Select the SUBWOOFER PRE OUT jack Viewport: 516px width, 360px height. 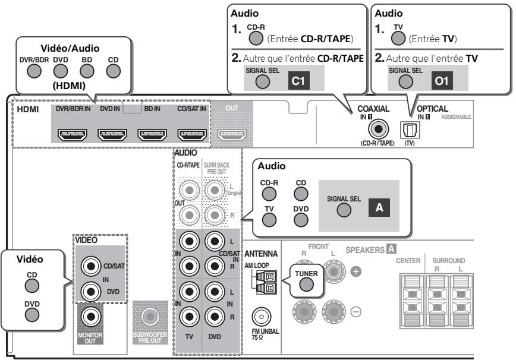(147, 315)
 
